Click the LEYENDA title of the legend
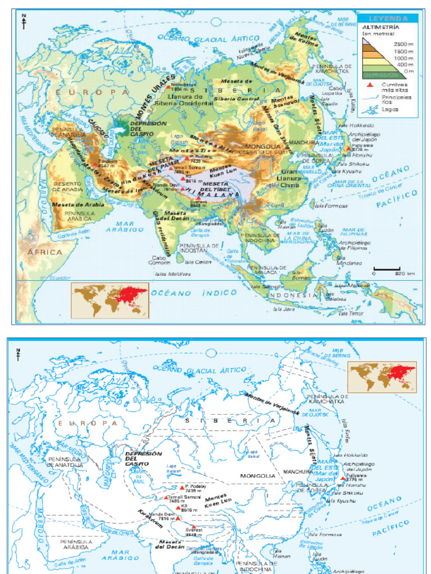click(x=387, y=18)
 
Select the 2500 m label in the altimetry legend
click(x=402, y=43)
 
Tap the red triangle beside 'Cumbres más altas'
click(x=369, y=85)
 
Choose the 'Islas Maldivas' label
click(x=173, y=274)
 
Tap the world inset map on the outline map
click(x=382, y=377)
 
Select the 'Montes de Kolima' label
click(x=306, y=39)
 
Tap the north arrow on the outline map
click(x=18, y=354)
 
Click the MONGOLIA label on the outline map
click(x=258, y=475)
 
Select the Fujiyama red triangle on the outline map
click(x=342, y=478)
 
